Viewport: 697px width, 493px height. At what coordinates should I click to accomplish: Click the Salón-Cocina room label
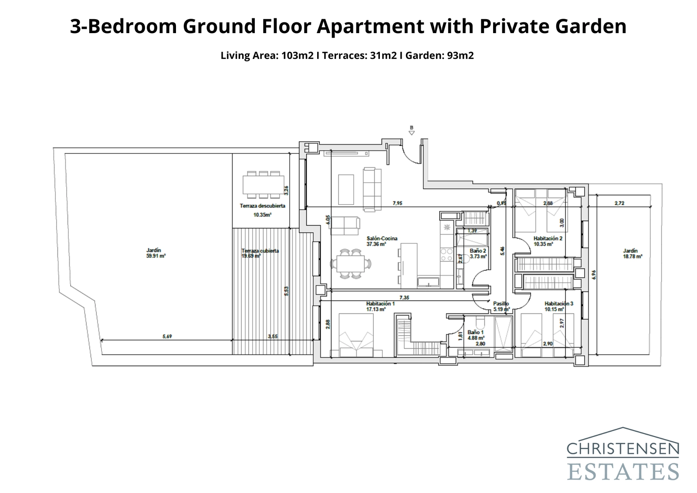[x=382, y=238]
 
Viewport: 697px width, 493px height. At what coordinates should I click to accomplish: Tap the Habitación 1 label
[x=380, y=303]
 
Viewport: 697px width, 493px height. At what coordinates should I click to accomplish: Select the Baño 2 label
[x=477, y=251]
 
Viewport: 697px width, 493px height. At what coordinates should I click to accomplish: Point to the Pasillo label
[x=501, y=304]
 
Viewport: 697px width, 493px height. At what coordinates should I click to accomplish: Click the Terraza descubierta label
[x=262, y=206]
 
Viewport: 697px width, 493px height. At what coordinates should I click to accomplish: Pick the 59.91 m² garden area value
[x=156, y=256]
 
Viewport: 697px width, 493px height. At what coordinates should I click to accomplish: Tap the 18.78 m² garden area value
[x=633, y=257]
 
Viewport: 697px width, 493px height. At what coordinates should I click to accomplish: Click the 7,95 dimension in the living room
[x=397, y=203]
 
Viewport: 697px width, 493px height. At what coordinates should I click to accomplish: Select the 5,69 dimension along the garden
[x=167, y=337]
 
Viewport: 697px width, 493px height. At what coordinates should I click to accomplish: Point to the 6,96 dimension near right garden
[x=594, y=274]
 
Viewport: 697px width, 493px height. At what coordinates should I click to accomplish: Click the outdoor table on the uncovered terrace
[x=263, y=184]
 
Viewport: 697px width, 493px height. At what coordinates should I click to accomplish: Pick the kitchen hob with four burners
[x=447, y=255]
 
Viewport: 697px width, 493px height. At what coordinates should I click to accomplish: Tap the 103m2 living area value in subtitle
[x=297, y=56]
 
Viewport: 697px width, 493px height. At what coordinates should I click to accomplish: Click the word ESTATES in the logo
[x=623, y=472]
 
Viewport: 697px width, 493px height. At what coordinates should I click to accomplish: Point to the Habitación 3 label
[x=558, y=303]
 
